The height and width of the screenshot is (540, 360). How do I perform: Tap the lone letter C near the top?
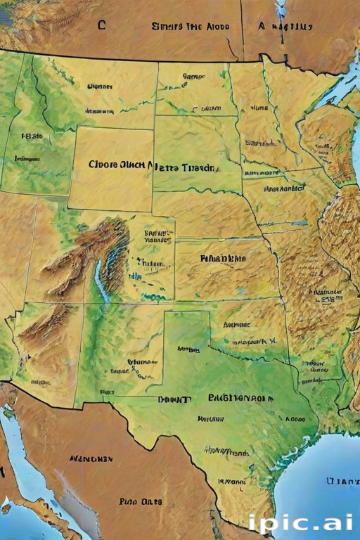click(x=101, y=25)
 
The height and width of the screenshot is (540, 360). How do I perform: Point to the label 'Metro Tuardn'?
click(x=188, y=168)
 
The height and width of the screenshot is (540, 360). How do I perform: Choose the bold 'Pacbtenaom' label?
click(x=241, y=398)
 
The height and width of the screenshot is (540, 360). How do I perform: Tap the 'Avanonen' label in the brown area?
click(x=91, y=458)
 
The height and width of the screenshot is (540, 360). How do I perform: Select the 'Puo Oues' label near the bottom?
click(x=141, y=501)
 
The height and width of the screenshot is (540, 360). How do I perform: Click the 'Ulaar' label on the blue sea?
click(x=343, y=481)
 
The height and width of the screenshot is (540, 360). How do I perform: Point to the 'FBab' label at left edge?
click(x=32, y=136)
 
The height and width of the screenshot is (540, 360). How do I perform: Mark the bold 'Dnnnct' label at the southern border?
click(x=174, y=399)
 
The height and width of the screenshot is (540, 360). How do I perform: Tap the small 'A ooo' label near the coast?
click(x=295, y=418)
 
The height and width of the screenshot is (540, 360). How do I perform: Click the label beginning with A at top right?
click(x=284, y=27)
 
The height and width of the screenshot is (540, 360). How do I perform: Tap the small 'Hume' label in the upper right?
click(x=259, y=108)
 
